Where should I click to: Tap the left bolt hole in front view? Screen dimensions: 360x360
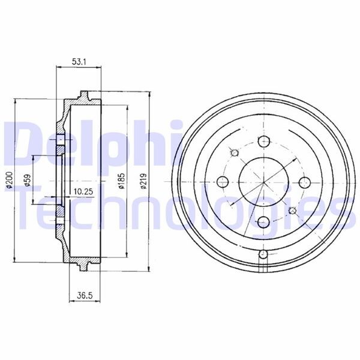[223, 182]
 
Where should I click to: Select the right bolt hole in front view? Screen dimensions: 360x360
[304, 182]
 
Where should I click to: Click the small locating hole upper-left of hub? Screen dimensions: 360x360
[234, 153]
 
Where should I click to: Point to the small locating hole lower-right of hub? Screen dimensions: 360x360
[292, 210]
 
